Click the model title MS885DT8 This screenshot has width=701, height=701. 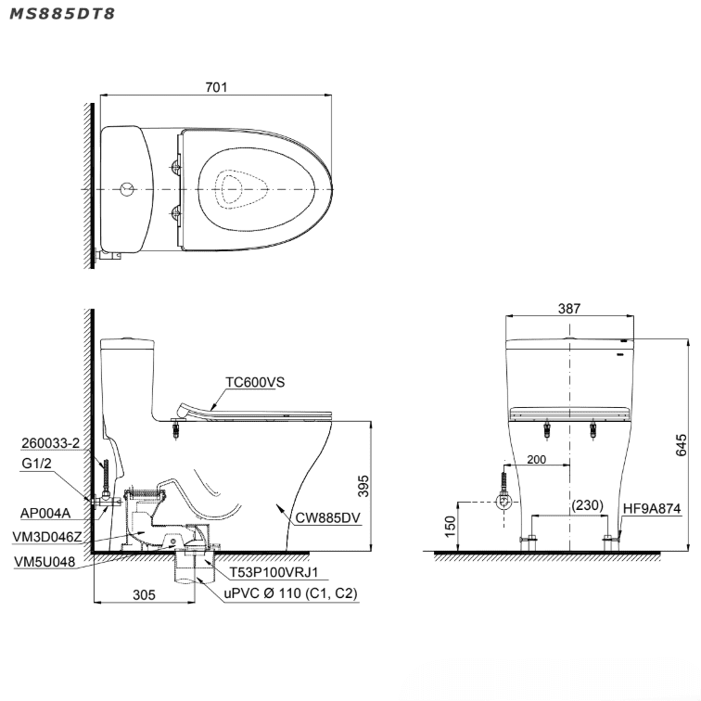(x=63, y=16)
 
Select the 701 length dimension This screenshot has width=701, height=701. (x=216, y=87)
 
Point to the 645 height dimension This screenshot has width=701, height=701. (x=682, y=445)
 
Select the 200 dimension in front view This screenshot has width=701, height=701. (x=537, y=460)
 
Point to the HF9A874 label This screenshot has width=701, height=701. (x=653, y=509)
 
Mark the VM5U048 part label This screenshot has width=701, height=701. (x=45, y=561)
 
